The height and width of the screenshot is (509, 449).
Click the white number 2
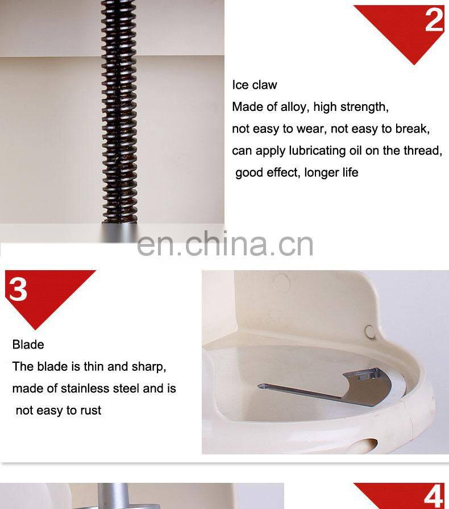(x=434, y=20)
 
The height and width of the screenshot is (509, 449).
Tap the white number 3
(x=18, y=289)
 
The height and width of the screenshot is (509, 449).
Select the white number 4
(x=434, y=496)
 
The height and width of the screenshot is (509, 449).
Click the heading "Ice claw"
(x=255, y=85)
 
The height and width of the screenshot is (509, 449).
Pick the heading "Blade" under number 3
(x=28, y=345)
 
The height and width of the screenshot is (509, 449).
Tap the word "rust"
(x=91, y=411)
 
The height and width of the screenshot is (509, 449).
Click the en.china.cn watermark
(x=225, y=243)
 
